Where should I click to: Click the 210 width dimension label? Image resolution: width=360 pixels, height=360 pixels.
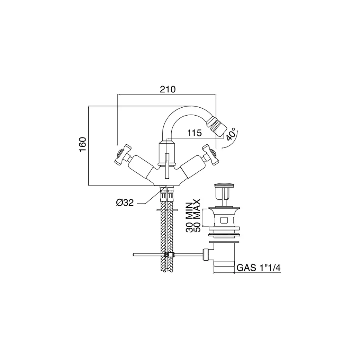(168, 89)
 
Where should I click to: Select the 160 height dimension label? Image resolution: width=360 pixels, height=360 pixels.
(83, 144)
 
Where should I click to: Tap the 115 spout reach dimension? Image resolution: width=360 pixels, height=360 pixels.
(195, 133)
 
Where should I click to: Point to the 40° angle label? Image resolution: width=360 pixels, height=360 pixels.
(231, 135)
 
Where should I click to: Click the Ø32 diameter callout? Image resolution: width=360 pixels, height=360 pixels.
(125, 203)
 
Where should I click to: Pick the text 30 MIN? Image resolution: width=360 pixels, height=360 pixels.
(190, 217)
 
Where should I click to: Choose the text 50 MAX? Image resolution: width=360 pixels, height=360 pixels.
(197, 215)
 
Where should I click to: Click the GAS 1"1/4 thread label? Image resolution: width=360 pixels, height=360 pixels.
(259, 268)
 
